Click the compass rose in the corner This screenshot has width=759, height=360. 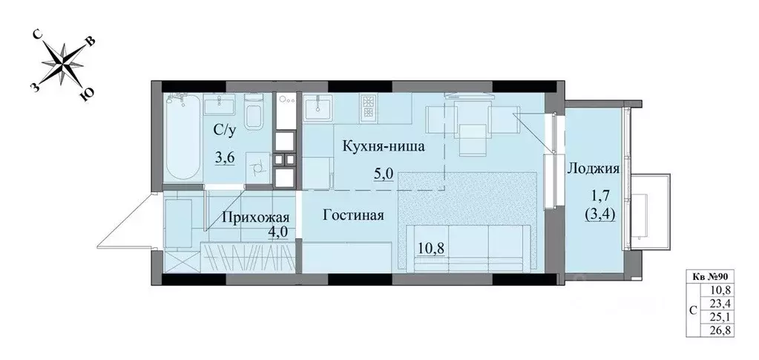[x=64, y=65]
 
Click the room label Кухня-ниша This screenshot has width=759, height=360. [x=383, y=146]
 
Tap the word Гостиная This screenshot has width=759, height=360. [x=353, y=216]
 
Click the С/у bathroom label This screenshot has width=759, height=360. [x=226, y=131]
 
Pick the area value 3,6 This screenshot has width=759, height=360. [x=225, y=157]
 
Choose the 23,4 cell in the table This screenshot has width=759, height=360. [x=721, y=303]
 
